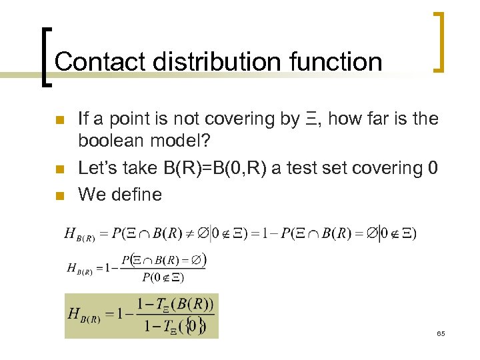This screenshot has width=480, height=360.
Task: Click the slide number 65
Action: pos(441,333)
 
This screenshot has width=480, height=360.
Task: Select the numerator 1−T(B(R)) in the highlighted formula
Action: pos(175,305)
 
